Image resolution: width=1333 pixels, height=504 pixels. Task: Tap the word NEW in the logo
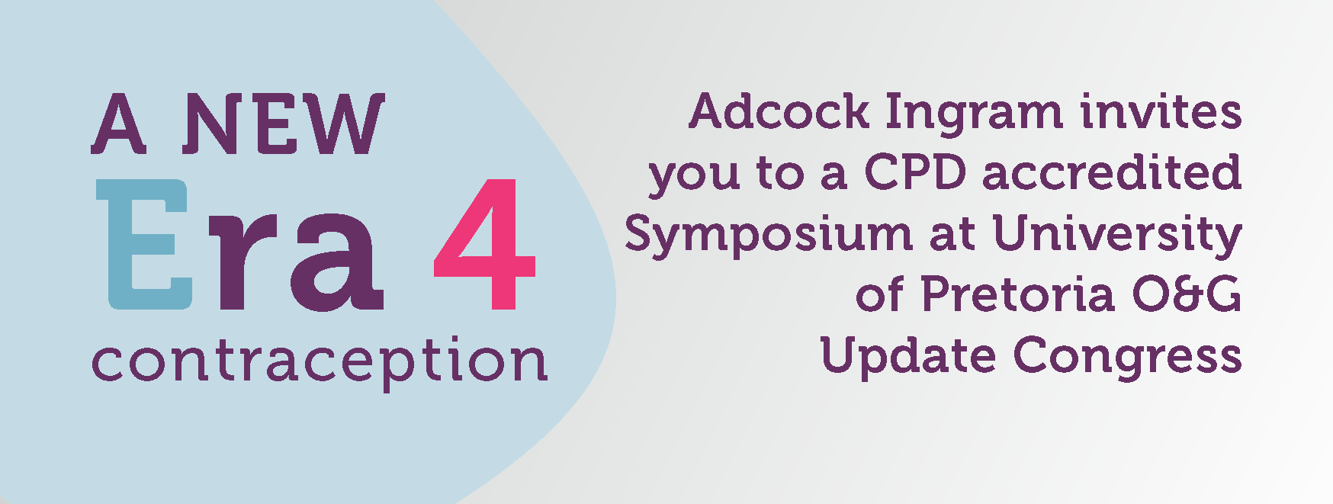click(284, 124)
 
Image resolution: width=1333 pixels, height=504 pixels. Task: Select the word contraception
click(320, 361)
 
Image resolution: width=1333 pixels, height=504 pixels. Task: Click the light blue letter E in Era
click(144, 244)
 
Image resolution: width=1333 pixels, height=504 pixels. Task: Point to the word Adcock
click(779, 111)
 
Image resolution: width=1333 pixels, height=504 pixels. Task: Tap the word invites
click(1161, 111)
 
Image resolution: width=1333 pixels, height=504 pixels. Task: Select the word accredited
click(1112, 172)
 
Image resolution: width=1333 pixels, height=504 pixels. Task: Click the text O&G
click(1187, 294)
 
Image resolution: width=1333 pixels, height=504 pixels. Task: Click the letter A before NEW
click(118, 124)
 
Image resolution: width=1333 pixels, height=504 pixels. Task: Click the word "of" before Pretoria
click(881, 294)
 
